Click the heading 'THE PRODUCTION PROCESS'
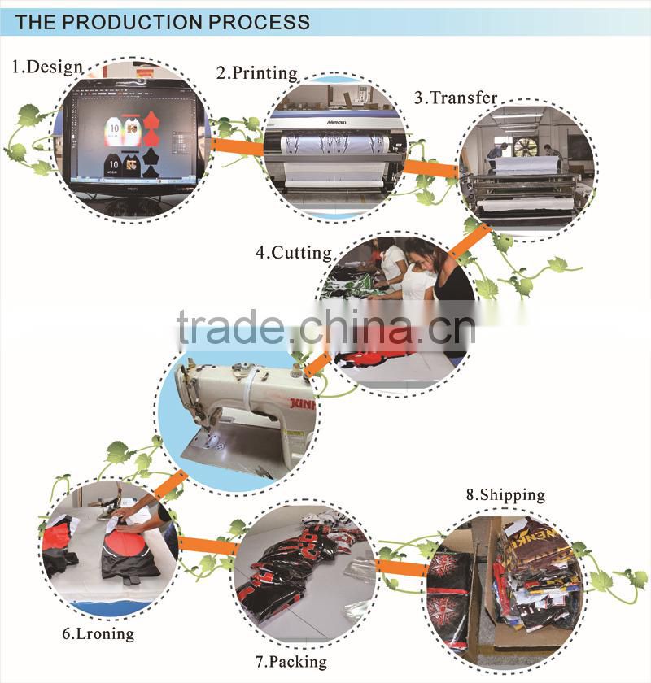click(163, 21)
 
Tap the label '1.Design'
click(46, 67)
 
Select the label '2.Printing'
click(256, 73)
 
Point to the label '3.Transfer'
click(455, 98)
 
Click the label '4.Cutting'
click(294, 252)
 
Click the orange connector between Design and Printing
click(237, 146)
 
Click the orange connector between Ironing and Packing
click(206, 544)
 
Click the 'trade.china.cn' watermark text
click(325, 327)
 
